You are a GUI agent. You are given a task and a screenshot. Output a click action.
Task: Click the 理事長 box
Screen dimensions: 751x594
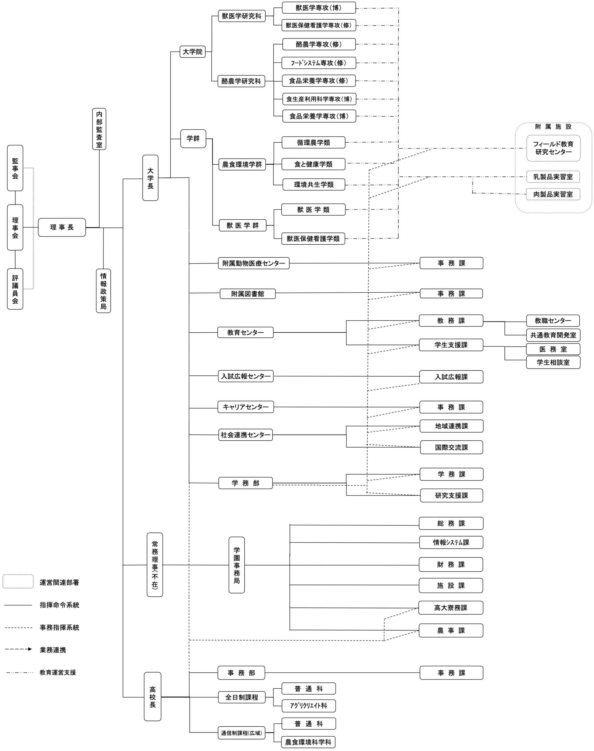click(x=62, y=227)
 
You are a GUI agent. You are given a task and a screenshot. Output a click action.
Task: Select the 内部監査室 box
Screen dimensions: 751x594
click(x=99, y=129)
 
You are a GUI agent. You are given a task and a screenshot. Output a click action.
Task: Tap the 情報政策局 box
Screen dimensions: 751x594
click(x=103, y=291)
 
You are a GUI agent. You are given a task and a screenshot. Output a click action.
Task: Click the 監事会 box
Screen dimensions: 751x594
click(x=15, y=168)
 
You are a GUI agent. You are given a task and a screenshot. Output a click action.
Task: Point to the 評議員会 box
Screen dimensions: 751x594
click(x=15, y=289)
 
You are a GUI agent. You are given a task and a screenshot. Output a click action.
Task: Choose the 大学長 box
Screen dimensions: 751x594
click(x=150, y=178)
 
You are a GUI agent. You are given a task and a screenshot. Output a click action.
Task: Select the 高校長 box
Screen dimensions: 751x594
click(x=152, y=697)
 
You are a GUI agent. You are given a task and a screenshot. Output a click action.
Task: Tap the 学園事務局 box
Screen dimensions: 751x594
click(x=236, y=565)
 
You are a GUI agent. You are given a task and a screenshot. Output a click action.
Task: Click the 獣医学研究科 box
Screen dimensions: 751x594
click(x=242, y=16)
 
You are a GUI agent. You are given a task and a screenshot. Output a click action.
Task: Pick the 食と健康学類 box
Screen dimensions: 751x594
click(x=313, y=164)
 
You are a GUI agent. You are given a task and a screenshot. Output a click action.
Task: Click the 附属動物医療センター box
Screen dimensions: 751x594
click(x=253, y=263)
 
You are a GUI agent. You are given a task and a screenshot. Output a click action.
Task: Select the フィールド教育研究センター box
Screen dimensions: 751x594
click(x=553, y=148)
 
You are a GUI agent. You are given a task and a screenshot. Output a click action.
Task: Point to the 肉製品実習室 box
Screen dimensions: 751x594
click(x=553, y=194)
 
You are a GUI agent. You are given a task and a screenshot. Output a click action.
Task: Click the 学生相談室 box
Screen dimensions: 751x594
click(x=553, y=362)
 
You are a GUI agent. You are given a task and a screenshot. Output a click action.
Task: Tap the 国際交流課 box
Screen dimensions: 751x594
click(x=451, y=447)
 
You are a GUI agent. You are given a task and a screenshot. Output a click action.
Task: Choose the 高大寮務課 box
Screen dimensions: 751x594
click(x=451, y=608)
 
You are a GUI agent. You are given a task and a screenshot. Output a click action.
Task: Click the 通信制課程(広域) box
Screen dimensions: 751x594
click(x=241, y=733)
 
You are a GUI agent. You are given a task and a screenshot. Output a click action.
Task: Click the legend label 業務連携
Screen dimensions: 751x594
click(x=53, y=650)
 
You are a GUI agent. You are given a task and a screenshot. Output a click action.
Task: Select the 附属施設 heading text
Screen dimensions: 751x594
click(x=553, y=127)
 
